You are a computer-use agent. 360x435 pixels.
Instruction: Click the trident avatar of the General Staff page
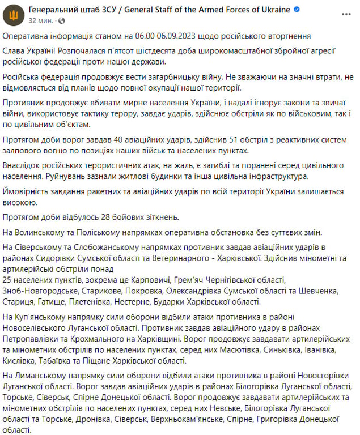(x=14, y=15)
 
